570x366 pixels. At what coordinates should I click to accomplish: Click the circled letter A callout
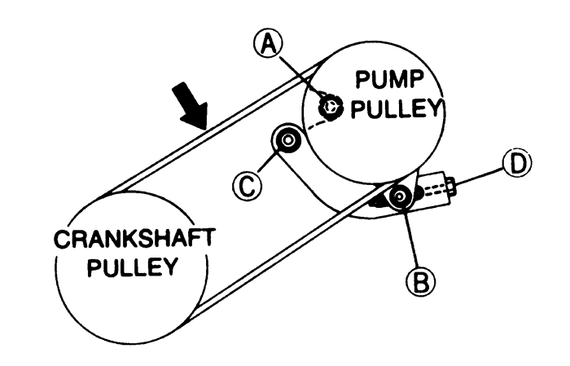[x=268, y=44]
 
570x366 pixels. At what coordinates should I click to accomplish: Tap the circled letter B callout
[x=421, y=281]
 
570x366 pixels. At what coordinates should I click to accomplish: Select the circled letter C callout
[x=248, y=186]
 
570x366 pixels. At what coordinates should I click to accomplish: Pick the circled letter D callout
[x=518, y=163]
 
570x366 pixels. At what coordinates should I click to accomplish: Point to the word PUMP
[x=390, y=80]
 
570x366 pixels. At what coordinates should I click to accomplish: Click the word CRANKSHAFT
[x=134, y=239]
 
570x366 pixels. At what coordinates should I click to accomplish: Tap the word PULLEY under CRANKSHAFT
[x=133, y=267]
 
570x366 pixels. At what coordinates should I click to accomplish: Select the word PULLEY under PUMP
[x=397, y=108]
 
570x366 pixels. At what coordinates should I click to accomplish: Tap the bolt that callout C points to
[x=287, y=140]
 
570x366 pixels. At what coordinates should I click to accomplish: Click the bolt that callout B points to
[x=400, y=196]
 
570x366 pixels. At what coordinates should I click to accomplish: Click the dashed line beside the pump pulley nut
[x=318, y=125]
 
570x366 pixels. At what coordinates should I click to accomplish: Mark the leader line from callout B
[x=410, y=238]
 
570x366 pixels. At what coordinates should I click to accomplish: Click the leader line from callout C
[x=268, y=161]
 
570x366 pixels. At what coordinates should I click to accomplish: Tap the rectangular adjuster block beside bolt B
[x=433, y=190]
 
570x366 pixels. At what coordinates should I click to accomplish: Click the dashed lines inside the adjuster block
[x=435, y=191]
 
